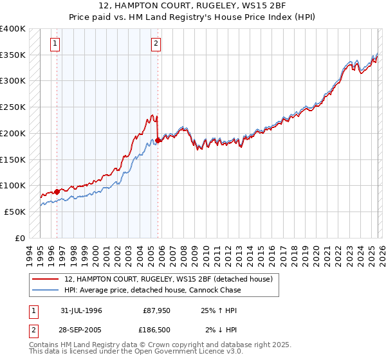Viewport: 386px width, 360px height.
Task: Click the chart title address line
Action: coord(192,6)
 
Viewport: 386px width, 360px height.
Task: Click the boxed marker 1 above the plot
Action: coord(55,44)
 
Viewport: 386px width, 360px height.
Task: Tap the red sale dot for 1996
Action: coord(57,191)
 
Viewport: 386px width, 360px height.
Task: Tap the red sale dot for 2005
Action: coord(158,139)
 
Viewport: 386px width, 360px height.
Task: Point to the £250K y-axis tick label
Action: coord(13,107)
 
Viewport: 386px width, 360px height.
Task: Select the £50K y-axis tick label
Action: coord(15,212)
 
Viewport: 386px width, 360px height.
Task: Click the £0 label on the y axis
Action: coord(21,238)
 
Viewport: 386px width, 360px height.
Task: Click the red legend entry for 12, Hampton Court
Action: coord(169,279)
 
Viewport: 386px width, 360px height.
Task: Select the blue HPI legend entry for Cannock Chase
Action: coord(152,290)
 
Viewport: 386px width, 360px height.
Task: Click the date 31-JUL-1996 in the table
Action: coord(81,310)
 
